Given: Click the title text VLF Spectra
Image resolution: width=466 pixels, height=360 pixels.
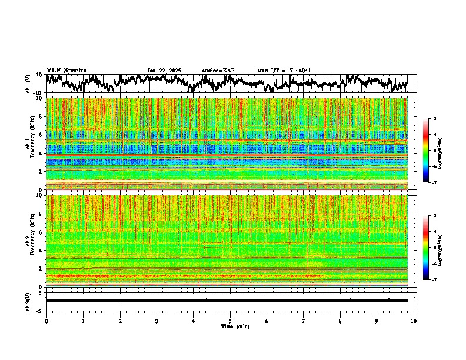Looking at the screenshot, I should tap(66, 71).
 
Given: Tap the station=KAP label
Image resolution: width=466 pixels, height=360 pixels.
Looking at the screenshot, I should tap(218, 71).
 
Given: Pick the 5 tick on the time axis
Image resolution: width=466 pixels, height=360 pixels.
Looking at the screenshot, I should tap(230, 321).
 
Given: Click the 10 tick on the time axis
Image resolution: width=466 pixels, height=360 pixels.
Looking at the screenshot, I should tap(414, 321).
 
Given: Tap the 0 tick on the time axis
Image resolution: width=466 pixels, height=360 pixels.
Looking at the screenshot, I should tap(46, 321).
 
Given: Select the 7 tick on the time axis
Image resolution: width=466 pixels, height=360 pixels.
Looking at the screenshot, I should tap(304, 321).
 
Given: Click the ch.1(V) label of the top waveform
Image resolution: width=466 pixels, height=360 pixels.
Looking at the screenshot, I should tap(28, 84).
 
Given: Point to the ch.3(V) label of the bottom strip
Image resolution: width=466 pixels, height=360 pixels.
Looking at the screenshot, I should tap(28, 300).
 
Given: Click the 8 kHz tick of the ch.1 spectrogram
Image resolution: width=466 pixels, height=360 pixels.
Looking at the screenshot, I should tap(40, 116).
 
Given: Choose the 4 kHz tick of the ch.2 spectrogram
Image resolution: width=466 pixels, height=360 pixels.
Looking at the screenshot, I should tap(40, 251).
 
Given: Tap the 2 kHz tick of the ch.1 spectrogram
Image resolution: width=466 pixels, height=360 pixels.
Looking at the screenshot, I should tap(40, 171).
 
